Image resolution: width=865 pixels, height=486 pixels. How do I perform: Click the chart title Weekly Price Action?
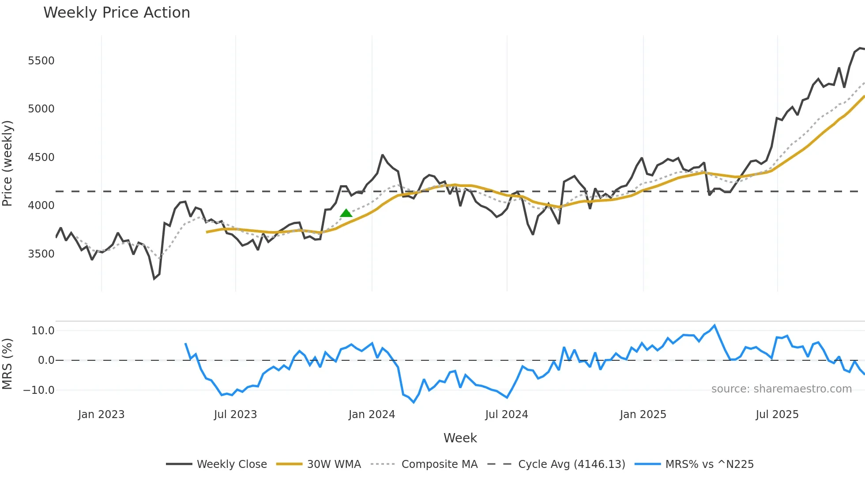117,13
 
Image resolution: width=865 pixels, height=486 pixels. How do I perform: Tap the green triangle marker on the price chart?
346,213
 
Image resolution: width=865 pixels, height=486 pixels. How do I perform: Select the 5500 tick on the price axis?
41,61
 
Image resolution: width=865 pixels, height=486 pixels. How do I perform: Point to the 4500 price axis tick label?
41,157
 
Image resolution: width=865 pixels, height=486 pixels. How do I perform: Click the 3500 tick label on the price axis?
41,254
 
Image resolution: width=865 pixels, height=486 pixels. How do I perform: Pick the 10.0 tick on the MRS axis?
43,331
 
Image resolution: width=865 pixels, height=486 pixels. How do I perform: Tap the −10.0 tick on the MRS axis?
39,390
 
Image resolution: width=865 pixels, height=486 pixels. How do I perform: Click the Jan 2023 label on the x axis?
101,415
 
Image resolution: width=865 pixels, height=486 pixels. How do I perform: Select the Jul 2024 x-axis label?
506,415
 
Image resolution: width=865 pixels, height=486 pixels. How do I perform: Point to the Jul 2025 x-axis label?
777,415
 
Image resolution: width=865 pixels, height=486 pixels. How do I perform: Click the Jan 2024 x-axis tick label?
372,415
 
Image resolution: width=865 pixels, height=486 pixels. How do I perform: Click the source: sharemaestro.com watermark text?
781,389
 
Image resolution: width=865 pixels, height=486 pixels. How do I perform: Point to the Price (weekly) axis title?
8,163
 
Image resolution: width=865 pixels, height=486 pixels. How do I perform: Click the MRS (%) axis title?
8,364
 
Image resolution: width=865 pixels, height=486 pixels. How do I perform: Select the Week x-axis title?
460,438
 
